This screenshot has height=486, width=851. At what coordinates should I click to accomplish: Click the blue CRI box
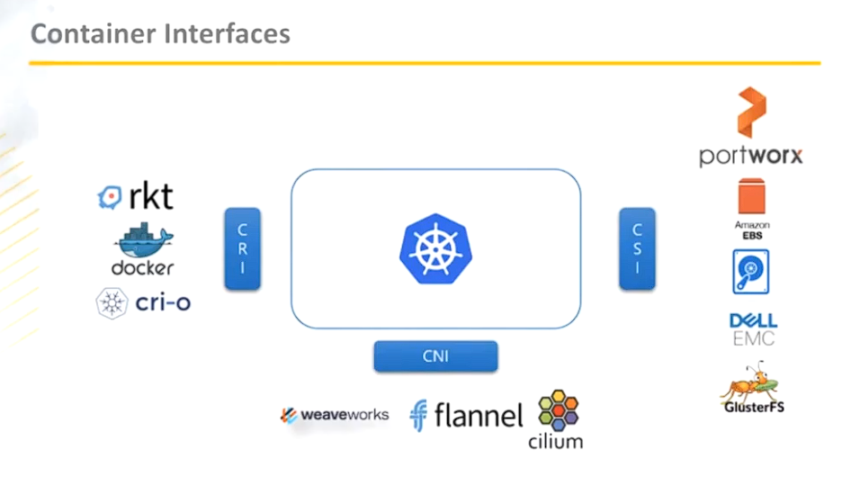click(x=242, y=249)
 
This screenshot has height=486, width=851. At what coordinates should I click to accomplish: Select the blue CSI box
click(x=637, y=248)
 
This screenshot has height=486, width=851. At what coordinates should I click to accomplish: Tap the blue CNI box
click(x=435, y=356)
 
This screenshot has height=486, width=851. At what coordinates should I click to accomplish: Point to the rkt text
click(x=150, y=195)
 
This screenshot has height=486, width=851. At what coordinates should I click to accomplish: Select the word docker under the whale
click(x=143, y=267)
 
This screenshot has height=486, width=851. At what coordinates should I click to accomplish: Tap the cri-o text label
click(x=163, y=302)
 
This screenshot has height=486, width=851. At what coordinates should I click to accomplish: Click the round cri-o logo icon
click(x=112, y=303)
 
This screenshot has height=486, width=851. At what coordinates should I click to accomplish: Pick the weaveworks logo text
click(x=335, y=415)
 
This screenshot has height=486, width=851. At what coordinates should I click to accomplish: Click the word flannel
click(x=477, y=415)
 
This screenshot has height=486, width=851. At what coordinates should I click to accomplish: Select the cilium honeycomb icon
click(x=559, y=411)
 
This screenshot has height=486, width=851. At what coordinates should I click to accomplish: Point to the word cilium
click(x=555, y=441)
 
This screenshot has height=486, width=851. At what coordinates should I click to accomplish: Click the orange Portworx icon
click(x=750, y=112)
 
